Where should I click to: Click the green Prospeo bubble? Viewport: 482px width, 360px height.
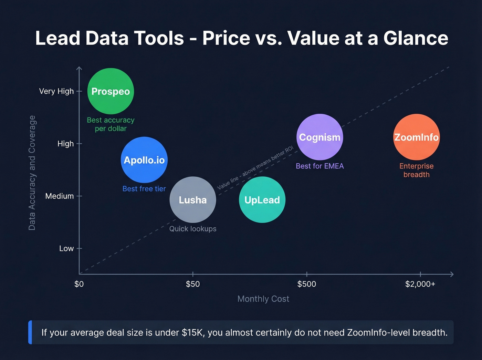tap(111, 91)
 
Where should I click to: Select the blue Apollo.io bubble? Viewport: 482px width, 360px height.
tap(144, 160)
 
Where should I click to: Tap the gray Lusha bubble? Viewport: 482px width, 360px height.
tap(193, 200)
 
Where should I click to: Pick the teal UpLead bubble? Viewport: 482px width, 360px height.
tap(262, 200)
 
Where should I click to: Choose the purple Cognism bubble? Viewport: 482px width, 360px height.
tap(320, 137)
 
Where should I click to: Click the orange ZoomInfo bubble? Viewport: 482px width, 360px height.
tap(416, 137)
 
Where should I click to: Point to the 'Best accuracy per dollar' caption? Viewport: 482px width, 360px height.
tap(111, 124)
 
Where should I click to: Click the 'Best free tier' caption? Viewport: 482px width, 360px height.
tap(144, 189)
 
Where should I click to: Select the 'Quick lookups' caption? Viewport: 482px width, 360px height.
tap(193, 229)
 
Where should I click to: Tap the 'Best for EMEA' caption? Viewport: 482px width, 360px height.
tap(320, 166)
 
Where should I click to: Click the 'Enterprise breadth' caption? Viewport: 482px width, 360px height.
tap(416, 170)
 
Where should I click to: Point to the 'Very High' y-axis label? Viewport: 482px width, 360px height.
tap(56, 91)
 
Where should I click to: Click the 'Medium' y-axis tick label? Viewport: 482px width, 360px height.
tap(60, 196)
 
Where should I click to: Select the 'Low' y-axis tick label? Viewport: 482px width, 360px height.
tap(66, 248)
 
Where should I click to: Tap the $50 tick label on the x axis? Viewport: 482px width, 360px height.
tap(193, 284)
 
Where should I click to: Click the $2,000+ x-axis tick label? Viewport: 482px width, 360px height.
tap(420, 284)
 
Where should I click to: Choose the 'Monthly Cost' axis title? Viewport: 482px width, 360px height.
tap(263, 299)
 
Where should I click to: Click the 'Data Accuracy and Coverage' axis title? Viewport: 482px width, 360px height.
tap(32, 173)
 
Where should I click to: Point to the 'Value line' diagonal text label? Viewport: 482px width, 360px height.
tap(255, 168)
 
